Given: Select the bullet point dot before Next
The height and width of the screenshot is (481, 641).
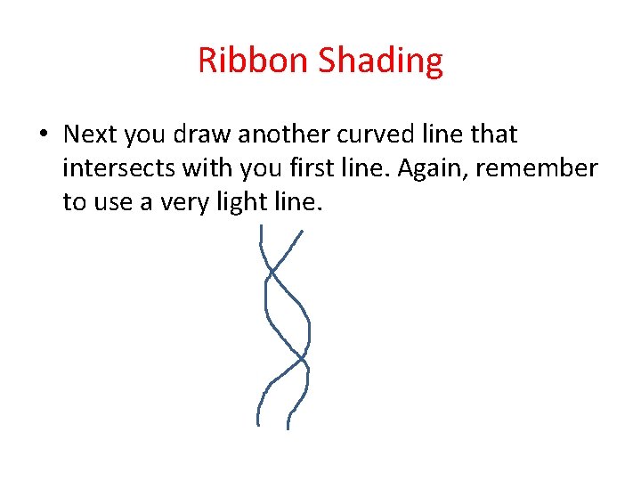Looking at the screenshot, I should [44, 135].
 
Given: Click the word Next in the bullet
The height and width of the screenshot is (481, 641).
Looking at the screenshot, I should [91, 135].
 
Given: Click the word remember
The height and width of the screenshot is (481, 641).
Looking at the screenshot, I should [548, 168].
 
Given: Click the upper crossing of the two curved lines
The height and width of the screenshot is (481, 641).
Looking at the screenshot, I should [271, 269].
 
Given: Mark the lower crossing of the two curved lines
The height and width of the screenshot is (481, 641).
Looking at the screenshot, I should [302, 358].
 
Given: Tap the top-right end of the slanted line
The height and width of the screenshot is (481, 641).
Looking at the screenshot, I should [303, 232].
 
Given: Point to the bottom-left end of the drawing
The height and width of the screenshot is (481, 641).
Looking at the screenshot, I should [258, 425].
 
